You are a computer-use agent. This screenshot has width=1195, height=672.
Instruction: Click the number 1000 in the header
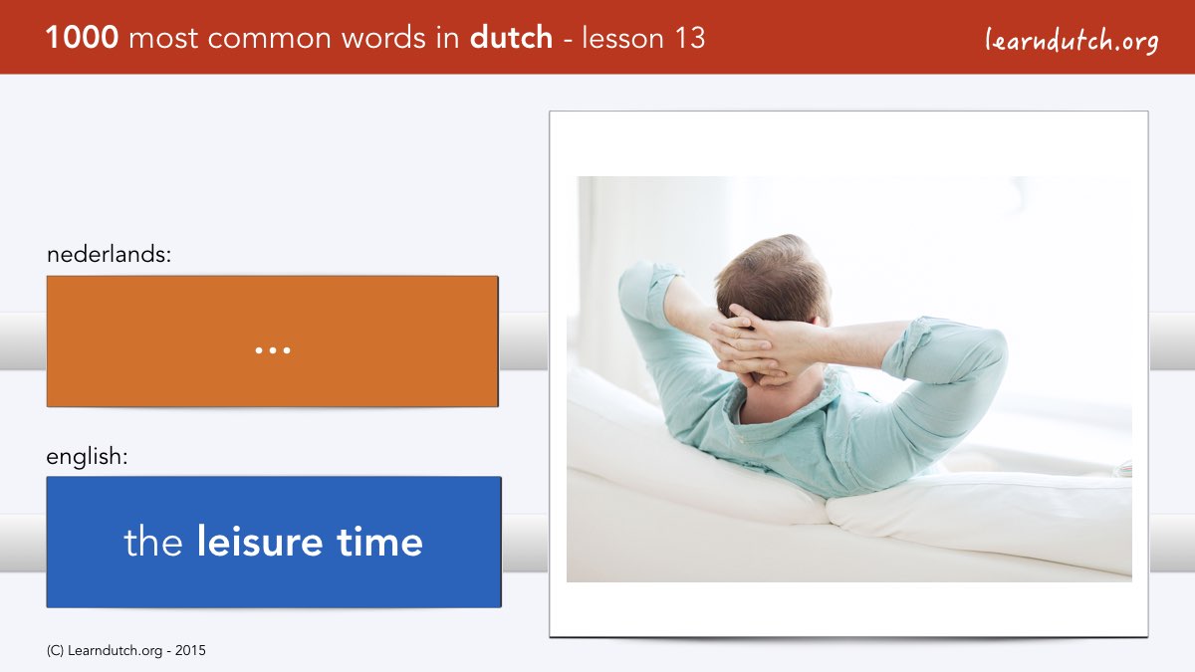(82, 38)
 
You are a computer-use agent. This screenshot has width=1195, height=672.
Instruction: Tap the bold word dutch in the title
(511, 38)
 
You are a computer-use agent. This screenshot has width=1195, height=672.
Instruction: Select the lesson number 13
(690, 38)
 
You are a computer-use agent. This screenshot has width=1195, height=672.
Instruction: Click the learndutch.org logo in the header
(1072, 41)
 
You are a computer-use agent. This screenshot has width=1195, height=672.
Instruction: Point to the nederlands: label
(109, 254)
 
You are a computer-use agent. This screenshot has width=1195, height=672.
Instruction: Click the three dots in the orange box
(273, 350)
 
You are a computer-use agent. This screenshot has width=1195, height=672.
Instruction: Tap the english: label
(87, 457)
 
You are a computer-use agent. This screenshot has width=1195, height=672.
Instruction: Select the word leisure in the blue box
(260, 542)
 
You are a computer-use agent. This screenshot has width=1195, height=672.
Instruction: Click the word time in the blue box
(379, 542)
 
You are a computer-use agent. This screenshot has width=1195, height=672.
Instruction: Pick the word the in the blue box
(153, 542)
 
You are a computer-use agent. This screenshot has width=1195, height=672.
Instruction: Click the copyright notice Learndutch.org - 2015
(125, 651)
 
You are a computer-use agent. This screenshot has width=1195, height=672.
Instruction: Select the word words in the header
(384, 38)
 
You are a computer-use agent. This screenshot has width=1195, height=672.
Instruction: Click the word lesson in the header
(623, 38)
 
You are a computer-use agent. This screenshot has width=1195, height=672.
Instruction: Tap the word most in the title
(163, 39)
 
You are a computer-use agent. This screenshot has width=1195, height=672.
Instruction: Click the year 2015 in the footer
(190, 651)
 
